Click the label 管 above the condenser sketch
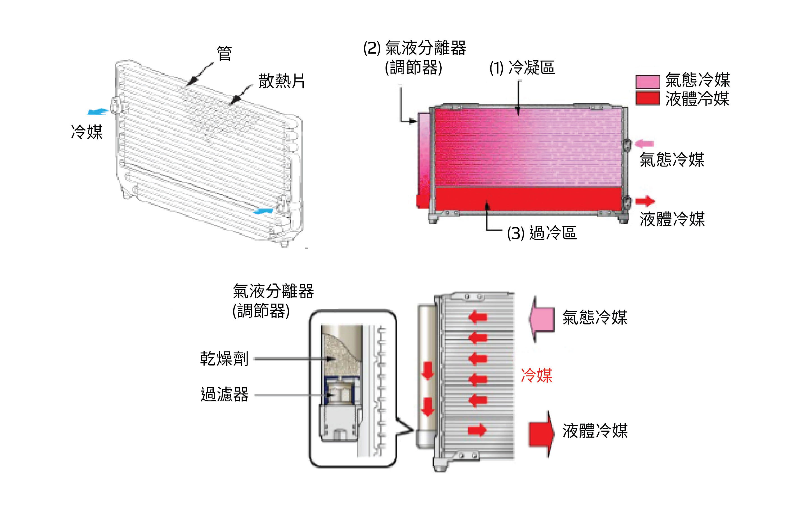click(224, 54)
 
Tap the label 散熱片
click(282, 81)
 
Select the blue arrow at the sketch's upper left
click(98, 112)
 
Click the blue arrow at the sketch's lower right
click(263, 211)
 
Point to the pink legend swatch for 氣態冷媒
click(647, 82)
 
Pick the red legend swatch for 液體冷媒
click(647, 98)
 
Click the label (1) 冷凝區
click(522, 67)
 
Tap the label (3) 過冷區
click(542, 233)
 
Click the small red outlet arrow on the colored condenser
click(645, 201)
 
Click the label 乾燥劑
click(224, 359)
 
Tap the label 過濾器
click(224, 395)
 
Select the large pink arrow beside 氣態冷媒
click(542, 319)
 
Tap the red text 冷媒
click(536, 375)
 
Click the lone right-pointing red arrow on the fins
click(477, 430)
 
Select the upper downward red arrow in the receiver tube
click(428, 371)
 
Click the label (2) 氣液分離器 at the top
click(414, 48)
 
